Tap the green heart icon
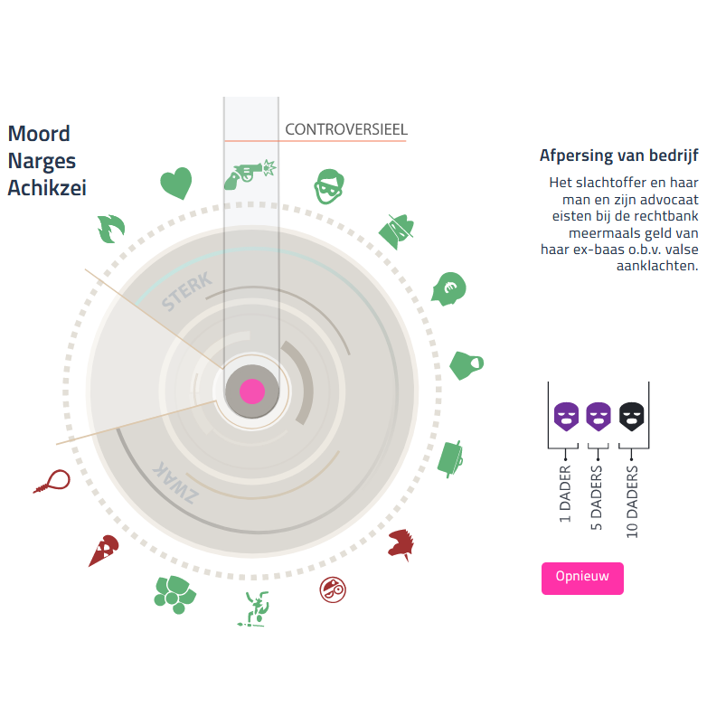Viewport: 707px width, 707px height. (176, 184)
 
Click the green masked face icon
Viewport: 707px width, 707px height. (329, 187)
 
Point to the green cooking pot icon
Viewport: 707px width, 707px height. (453, 457)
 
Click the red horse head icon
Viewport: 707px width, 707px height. (401, 545)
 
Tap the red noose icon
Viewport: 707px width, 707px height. (52, 480)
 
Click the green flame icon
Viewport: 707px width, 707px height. (109, 228)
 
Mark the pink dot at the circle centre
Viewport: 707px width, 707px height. (252, 391)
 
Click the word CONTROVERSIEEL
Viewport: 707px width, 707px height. (346, 129)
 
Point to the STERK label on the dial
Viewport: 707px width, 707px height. (186, 291)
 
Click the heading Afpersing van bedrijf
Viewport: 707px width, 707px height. (618, 156)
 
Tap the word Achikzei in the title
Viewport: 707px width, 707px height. (47, 188)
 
